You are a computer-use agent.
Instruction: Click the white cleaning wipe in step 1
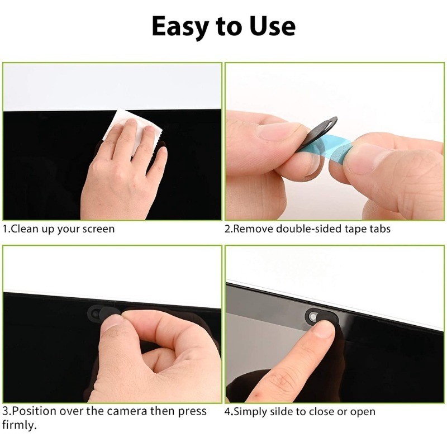132,129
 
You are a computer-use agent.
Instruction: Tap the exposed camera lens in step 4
313,317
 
